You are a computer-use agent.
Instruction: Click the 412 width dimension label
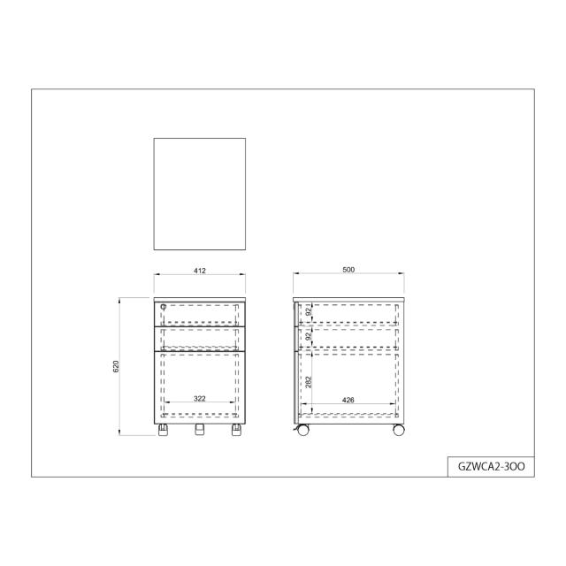coord(200,271)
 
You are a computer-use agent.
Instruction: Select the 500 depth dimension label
coord(348,269)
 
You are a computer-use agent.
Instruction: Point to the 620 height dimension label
coord(116,366)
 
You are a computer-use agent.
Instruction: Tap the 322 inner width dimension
coord(200,398)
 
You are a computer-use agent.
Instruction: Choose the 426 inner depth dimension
coord(348,400)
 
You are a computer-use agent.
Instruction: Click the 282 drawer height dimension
coord(309,382)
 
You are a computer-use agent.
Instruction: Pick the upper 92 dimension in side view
coord(309,312)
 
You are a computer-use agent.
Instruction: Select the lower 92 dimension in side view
coord(309,336)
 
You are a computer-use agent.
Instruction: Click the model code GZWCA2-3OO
coord(492,466)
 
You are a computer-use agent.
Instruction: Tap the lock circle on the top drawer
coord(163,307)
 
